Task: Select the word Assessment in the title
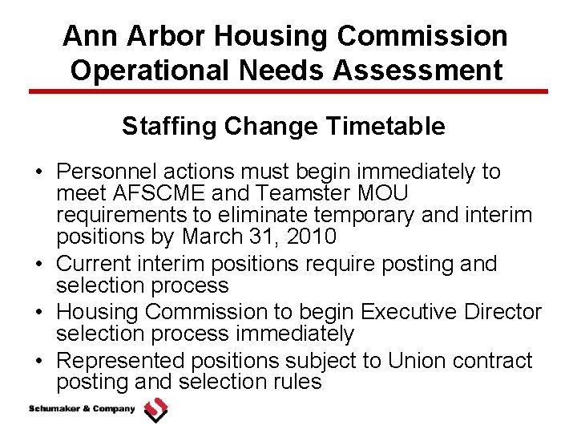click(419, 70)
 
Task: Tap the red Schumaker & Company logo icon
click(155, 411)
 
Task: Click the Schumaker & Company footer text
click(83, 410)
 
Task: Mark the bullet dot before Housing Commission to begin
click(38, 312)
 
